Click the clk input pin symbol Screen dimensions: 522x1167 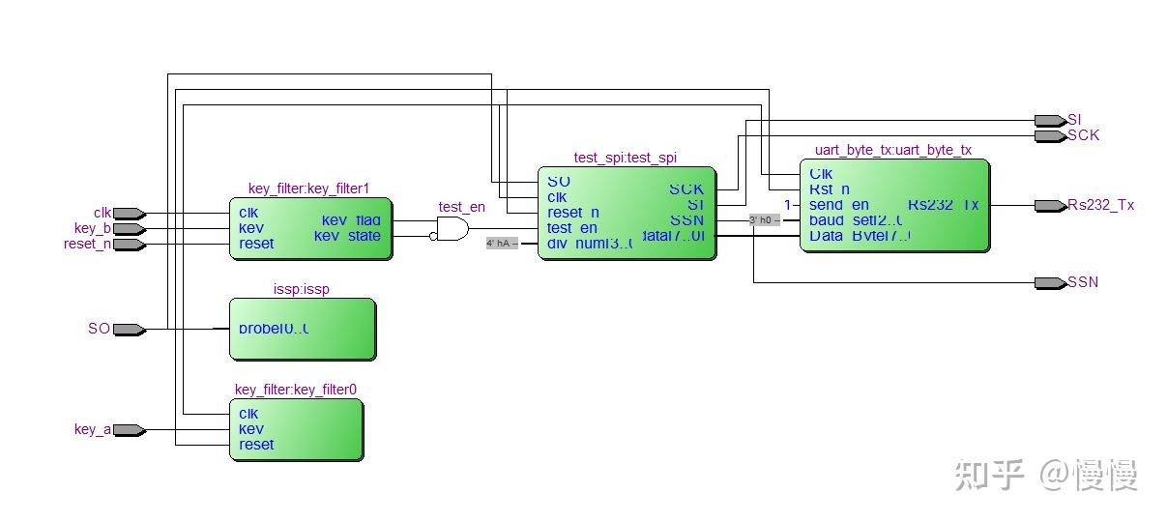tap(130, 213)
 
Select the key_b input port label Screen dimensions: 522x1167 tap(92, 229)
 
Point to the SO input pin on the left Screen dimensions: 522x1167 tap(129, 330)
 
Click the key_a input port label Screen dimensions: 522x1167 tap(92, 430)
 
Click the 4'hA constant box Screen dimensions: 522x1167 tap(501, 244)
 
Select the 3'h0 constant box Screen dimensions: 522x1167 tap(764, 220)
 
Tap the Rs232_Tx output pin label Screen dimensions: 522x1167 tap(1100, 206)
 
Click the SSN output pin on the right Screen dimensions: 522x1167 tap(1050, 283)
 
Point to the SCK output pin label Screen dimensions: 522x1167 tap(1083, 136)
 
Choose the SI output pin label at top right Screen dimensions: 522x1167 tap(1074, 120)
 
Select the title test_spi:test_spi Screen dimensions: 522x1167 tap(625, 158)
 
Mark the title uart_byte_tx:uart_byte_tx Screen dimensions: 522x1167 tap(893, 150)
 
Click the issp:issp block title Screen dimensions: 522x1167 tap(301, 289)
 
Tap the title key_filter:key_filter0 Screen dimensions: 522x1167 tap(296, 390)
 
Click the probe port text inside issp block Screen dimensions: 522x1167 tap(274, 329)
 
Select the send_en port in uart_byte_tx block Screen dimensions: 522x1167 tap(839, 205)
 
